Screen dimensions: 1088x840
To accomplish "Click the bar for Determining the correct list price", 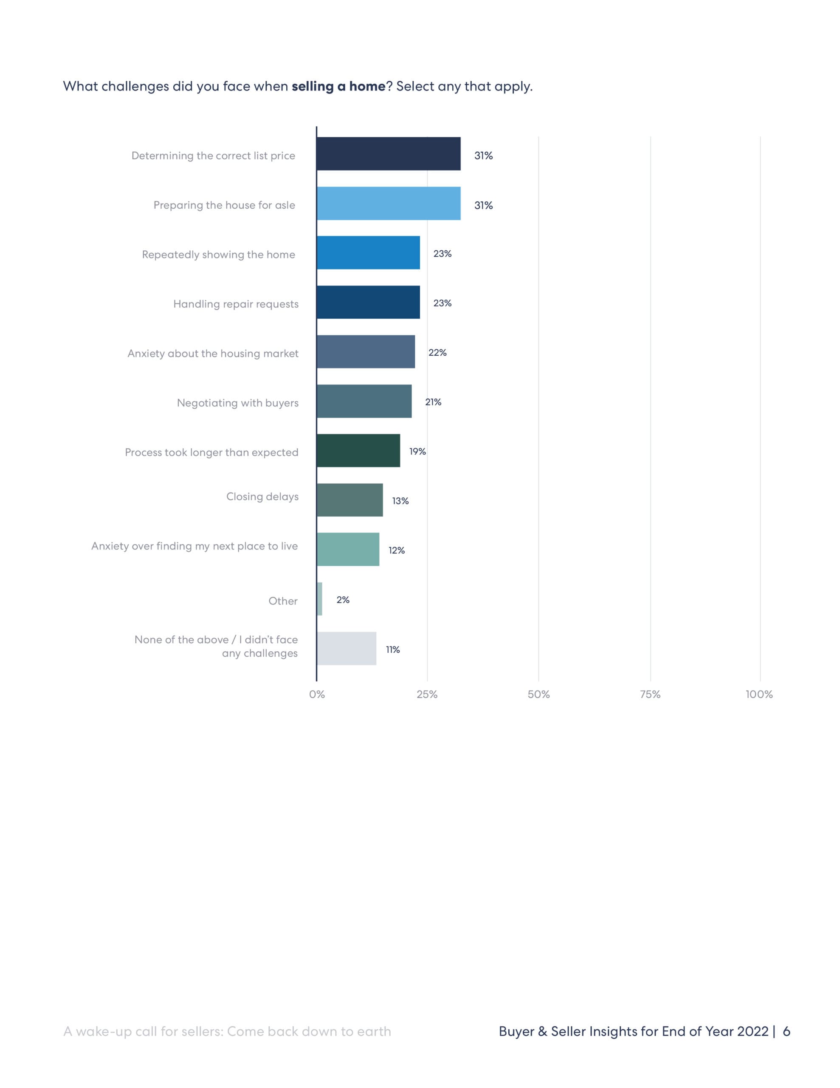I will pyautogui.click(x=389, y=153).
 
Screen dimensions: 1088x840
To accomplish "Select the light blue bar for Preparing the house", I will pyautogui.click(x=389, y=203).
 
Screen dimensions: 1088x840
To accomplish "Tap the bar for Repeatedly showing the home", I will pyautogui.click(x=368, y=252).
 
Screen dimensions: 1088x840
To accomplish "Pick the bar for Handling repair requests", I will pyautogui.click(x=368, y=302).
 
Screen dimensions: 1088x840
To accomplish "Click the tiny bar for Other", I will pyautogui.click(x=320, y=599).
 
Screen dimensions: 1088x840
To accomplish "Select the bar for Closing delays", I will pyautogui.click(x=350, y=500).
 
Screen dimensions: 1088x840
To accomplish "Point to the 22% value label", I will pyautogui.click(x=437, y=353).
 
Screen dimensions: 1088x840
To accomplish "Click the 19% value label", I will pyautogui.click(x=417, y=451).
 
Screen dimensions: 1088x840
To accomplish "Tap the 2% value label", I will pyautogui.click(x=343, y=600).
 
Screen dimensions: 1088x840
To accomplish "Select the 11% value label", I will pyautogui.click(x=392, y=649).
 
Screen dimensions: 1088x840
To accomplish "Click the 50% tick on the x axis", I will pyautogui.click(x=538, y=694).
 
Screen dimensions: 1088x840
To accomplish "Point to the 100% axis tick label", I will pyautogui.click(x=759, y=694).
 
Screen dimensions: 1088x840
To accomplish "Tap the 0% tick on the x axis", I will pyautogui.click(x=317, y=694).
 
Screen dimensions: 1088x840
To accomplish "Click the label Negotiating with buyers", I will pyautogui.click(x=237, y=403).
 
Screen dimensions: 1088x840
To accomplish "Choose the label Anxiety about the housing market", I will pyautogui.click(x=213, y=354).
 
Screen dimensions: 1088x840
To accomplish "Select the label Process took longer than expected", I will pyautogui.click(x=211, y=452).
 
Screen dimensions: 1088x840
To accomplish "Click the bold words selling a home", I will pyautogui.click(x=338, y=87).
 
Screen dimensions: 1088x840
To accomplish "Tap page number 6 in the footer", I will pyautogui.click(x=786, y=1031).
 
